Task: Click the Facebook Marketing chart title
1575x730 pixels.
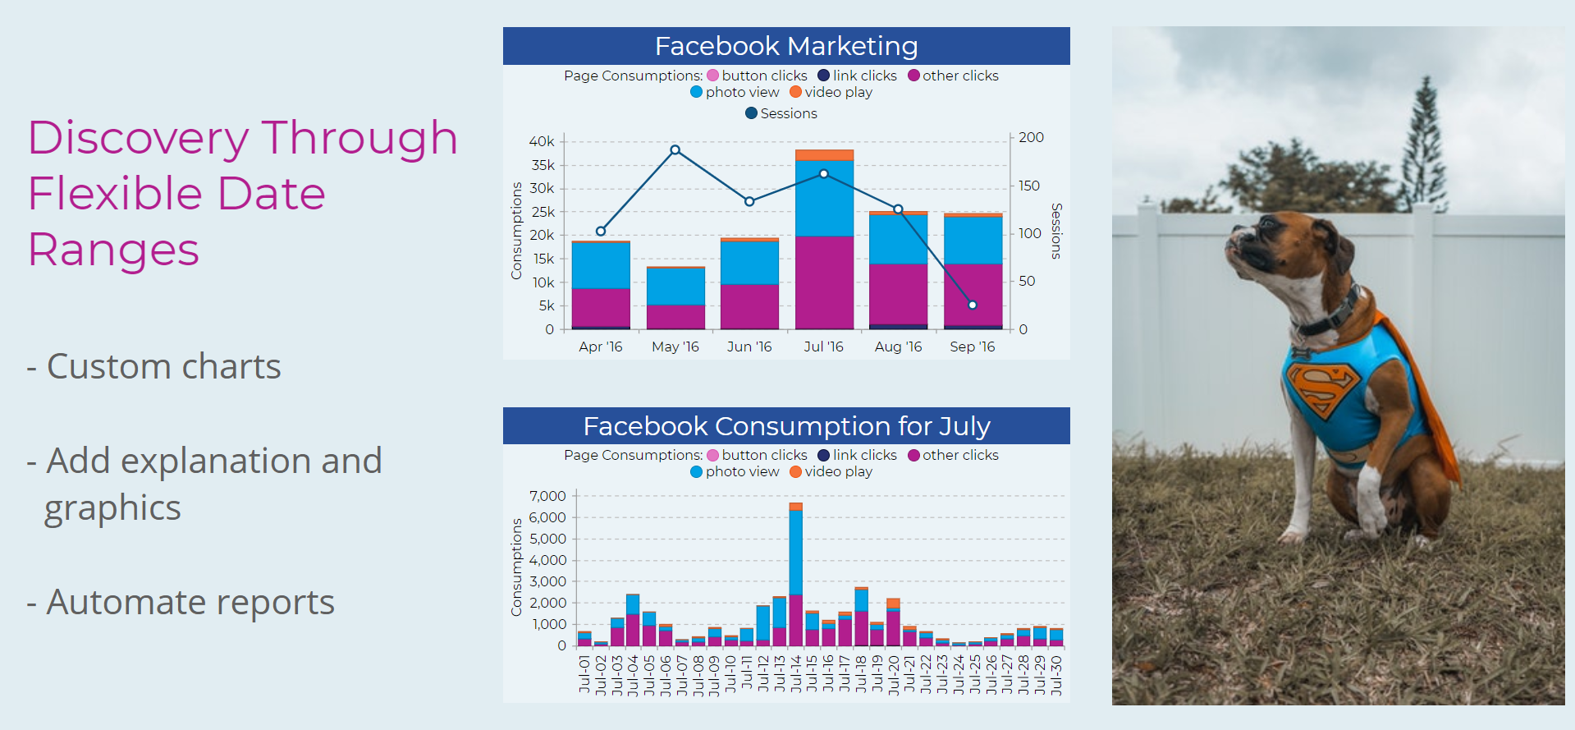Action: click(x=786, y=46)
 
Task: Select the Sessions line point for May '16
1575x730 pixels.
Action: click(x=675, y=149)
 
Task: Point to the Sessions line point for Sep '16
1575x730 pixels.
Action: click(x=973, y=305)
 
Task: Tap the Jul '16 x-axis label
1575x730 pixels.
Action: click(x=823, y=347)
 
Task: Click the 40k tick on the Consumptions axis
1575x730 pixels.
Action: click(x=542, y=141)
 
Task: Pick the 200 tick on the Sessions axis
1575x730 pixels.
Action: click(x=1031, y=137)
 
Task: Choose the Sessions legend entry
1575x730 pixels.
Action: click(x=781, y=113)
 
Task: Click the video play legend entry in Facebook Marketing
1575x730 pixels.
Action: click(x=831, y=92)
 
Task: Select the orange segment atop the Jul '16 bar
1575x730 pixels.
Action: click(x=824, y=154)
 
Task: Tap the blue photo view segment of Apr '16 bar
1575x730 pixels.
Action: click(x=601, y=264)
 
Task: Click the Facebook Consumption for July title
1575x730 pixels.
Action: click(x=786, y=426)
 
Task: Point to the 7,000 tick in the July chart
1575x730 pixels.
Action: click(x=547, y=496)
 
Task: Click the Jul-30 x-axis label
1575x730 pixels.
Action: click(x=1057, y=675)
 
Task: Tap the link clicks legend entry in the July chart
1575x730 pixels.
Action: click(x=857, y=455)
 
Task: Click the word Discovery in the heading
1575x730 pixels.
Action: click(x=137, y=138)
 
